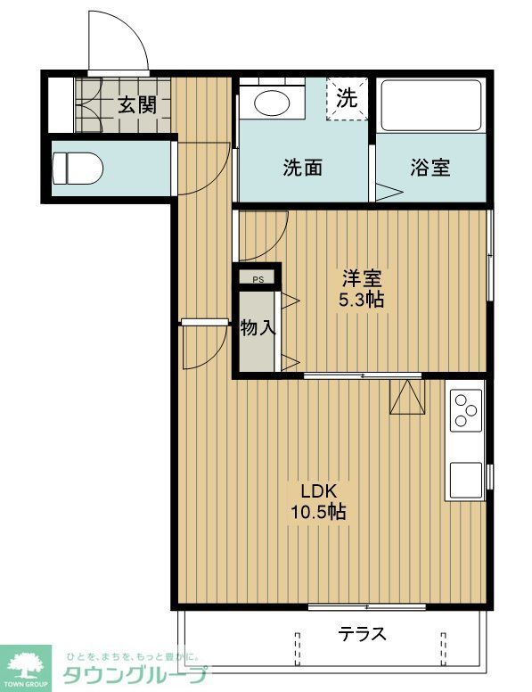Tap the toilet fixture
pos(78,166)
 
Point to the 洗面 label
pos(302,167)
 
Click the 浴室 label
pos(430,167)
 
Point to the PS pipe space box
pos(258,279)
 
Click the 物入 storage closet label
pos(258,327)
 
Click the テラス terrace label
pos(363,634)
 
